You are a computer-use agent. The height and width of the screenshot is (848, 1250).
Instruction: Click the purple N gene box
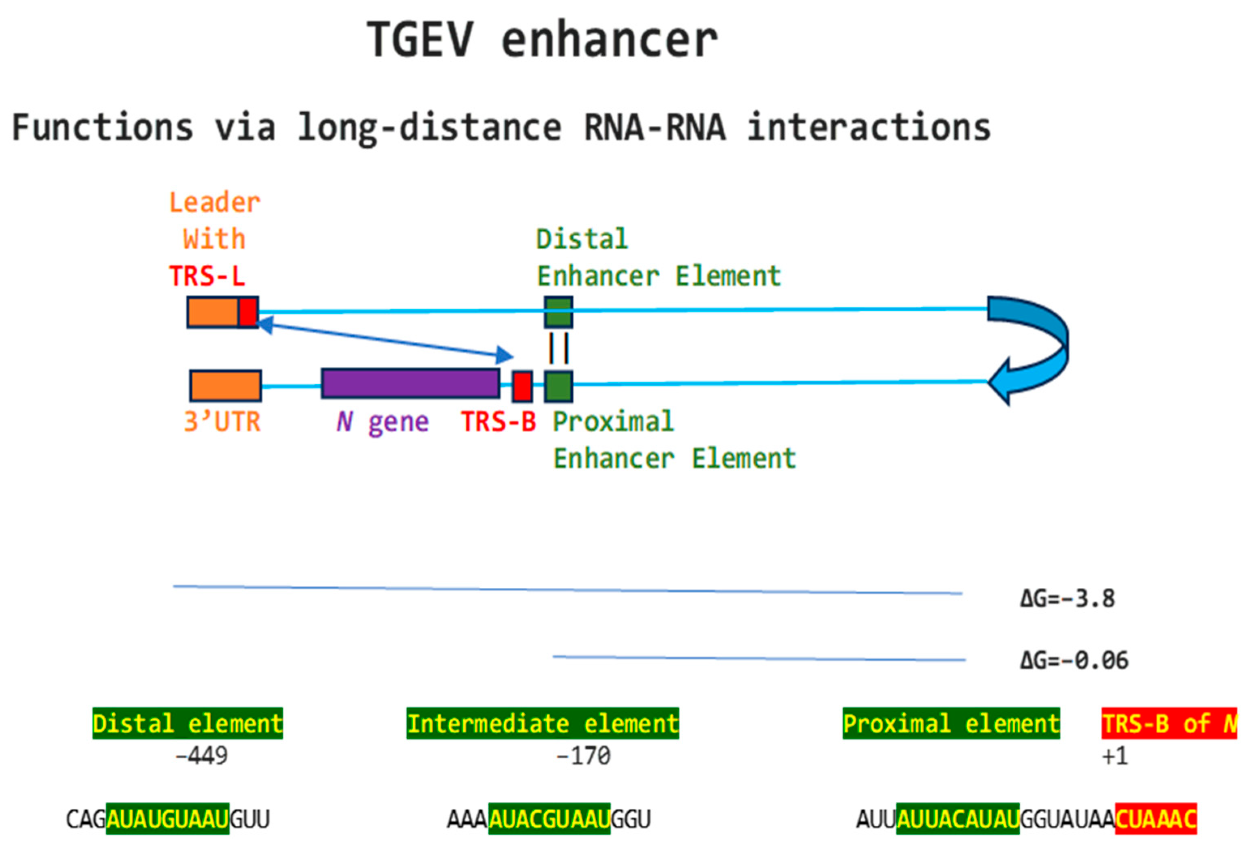(411, 383)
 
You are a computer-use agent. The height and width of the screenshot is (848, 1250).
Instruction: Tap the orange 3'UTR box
(225, 385)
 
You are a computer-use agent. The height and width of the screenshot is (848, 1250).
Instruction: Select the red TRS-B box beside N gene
(522, 386)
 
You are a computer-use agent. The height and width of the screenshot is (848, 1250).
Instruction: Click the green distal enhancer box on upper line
(558, 312)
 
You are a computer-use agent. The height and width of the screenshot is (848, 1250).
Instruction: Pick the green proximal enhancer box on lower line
(558, 386)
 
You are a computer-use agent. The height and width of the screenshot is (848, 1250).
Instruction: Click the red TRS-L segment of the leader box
(248, 312)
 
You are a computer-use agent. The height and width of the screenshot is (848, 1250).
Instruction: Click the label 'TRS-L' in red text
(207, 276)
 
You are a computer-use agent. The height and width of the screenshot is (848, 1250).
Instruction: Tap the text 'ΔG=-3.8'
(1068, 598)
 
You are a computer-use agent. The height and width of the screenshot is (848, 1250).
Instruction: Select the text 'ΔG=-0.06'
(1074, 660)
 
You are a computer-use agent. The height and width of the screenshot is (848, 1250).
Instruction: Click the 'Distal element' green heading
(187, 723)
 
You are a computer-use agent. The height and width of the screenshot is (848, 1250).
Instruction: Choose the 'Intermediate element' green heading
(542, 723)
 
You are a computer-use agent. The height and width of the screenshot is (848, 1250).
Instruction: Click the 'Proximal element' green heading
(950, 723)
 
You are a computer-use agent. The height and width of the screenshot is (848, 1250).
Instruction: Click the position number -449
(202, 756)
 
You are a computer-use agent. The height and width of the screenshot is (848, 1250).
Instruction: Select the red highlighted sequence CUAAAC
(1155, 819)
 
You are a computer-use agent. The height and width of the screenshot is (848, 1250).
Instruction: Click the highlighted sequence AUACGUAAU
(549, 819)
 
